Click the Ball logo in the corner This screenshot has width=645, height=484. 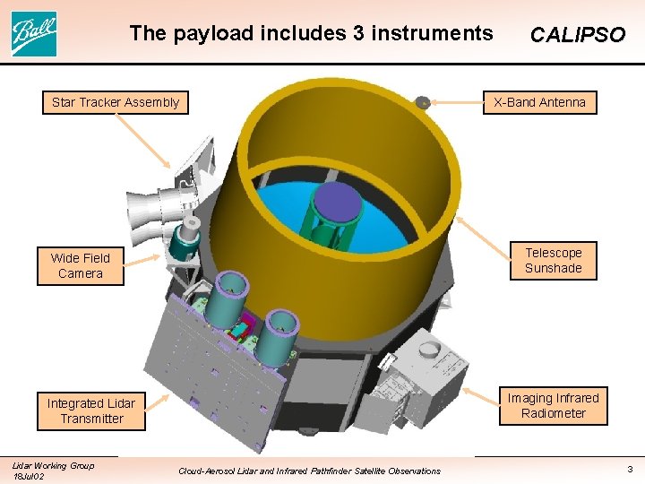tap(34, 33)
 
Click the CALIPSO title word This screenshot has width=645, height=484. tap(577, 35)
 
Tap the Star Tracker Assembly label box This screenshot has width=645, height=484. tap(116, 102)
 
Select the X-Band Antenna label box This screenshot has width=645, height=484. tap(539, 102)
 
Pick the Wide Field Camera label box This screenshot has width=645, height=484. tap(81, 265)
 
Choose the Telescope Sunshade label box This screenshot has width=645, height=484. tap(553, 261)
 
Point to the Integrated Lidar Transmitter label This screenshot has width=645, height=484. tap(91, 411)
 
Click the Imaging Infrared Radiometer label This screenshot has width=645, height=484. tap(553, 405)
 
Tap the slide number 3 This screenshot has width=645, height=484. tap(630, 469)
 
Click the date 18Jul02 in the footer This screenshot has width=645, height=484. tap(28, 476)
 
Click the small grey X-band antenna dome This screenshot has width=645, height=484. tap(423, 102)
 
